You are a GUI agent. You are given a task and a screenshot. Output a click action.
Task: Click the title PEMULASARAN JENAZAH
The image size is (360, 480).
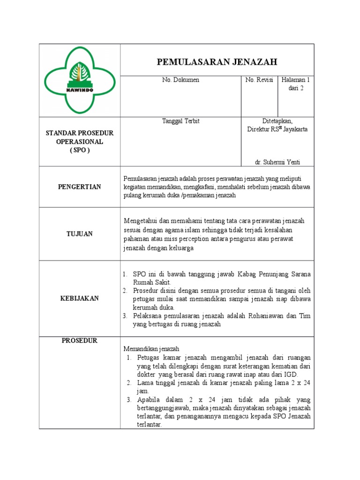click(x=217, y=62)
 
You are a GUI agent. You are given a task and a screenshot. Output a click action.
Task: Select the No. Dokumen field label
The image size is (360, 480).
click(x=180, y=80)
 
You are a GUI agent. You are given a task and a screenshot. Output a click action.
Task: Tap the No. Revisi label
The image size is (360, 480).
click(x=259, y=80)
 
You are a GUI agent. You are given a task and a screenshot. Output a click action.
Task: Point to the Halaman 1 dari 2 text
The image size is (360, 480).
click(x=296, y=84)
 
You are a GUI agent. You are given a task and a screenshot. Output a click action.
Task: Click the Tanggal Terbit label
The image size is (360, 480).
click(x=180, y=121)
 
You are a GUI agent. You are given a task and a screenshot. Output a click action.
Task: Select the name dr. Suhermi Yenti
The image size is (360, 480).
click(x=277, y=162)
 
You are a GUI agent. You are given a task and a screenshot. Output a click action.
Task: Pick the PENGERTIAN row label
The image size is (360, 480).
click(x=79, y=187)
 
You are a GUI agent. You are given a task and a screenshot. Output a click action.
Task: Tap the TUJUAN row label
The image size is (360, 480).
click(x=79, y=233)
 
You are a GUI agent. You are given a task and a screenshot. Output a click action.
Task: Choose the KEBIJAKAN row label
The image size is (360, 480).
click(x=79, y=299)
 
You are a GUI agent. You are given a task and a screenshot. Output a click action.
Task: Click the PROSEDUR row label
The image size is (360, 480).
click(x=79, y=341)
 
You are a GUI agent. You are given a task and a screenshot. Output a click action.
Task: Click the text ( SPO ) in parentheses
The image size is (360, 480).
click(x=79, y=150)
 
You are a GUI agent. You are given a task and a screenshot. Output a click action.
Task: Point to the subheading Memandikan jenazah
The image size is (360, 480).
click(x=151, y=349)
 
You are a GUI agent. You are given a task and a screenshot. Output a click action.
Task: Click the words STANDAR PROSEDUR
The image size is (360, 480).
click(x=79, y=134)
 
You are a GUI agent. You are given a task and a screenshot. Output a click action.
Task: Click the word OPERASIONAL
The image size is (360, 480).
click(x=79, y=142)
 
